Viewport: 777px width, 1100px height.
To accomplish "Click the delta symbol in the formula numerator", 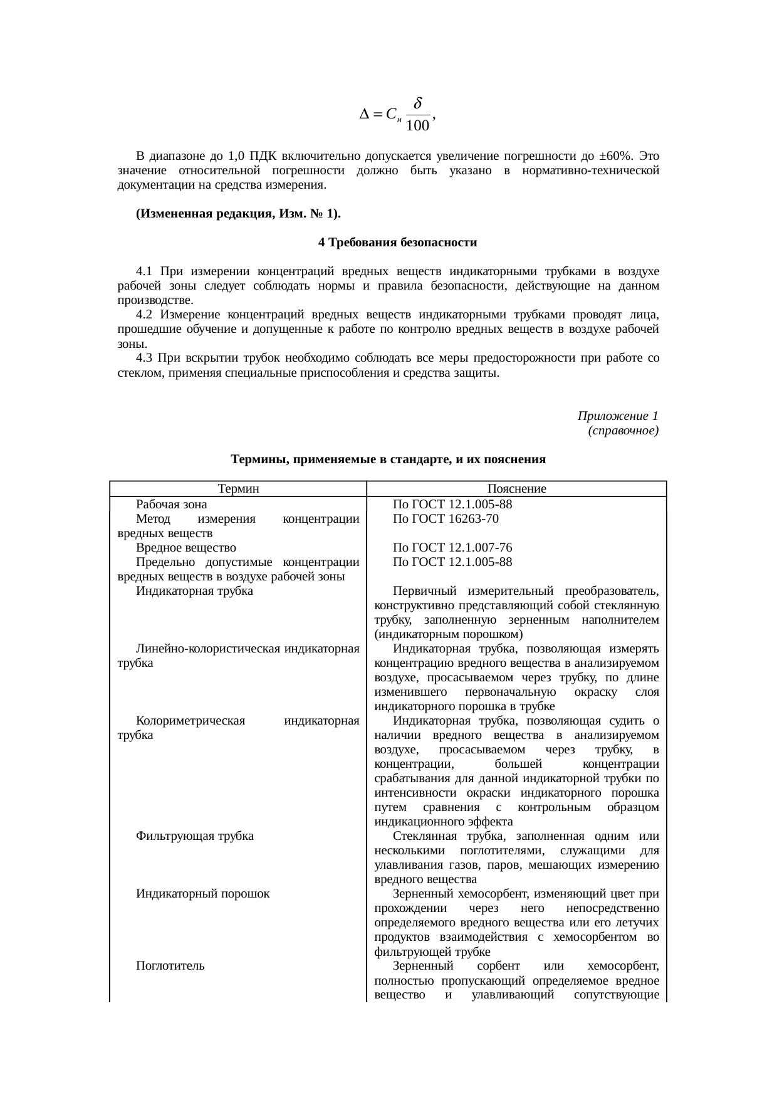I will [x=418, y=103].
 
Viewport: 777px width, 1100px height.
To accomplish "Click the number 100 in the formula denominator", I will [x=417, y=127].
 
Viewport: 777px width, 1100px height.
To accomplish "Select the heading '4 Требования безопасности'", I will [x=397, y=243].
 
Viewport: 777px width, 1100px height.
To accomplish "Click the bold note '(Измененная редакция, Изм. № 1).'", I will [x=238, y=214].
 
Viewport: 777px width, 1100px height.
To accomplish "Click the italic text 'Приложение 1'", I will [x=618, y=416].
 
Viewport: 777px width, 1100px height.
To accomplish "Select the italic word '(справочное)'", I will [x=623, y=431].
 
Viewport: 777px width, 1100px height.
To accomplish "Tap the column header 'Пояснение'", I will [x=516, y=489].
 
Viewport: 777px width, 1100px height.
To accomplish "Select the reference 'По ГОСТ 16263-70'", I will [x=446, y=518].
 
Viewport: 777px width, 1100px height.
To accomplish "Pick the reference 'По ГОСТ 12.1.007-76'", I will [x=452, y=547].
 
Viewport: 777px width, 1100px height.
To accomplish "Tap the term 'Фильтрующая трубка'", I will [x=195, y=836].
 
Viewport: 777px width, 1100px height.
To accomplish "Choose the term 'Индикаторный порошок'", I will [x=202, y=894].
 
